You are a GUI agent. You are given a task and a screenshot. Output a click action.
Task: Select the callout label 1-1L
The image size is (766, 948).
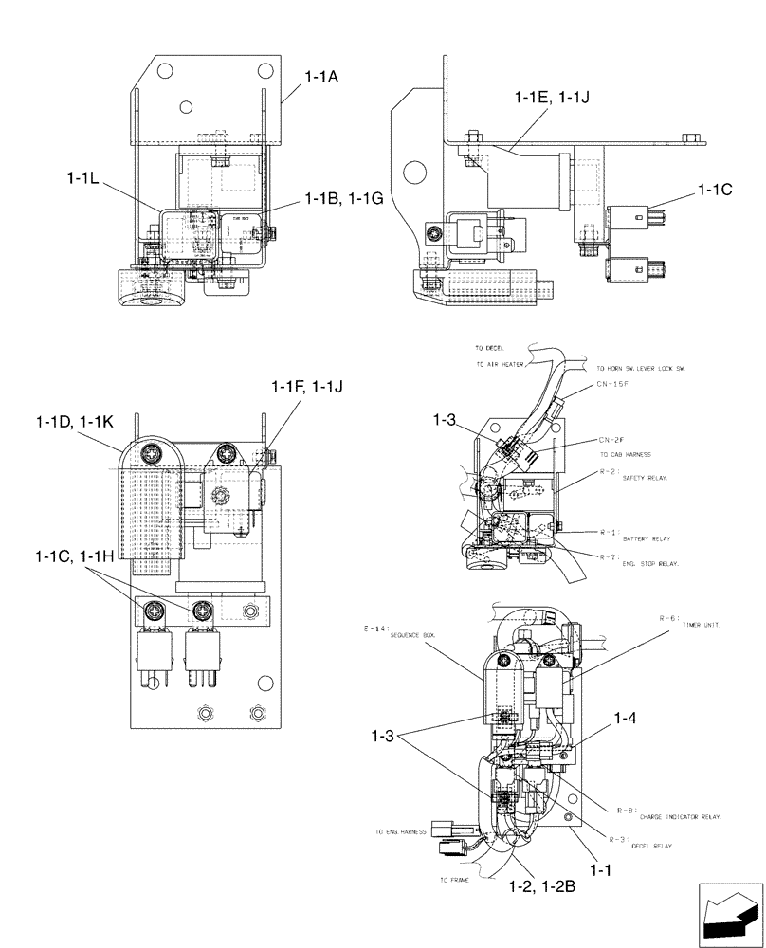88,177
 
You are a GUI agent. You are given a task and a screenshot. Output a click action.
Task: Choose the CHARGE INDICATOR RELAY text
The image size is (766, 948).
681,815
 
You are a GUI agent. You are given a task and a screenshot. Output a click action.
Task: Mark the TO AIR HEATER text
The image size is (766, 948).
502,363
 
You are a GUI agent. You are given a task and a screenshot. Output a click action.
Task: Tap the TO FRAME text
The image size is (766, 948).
456,880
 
